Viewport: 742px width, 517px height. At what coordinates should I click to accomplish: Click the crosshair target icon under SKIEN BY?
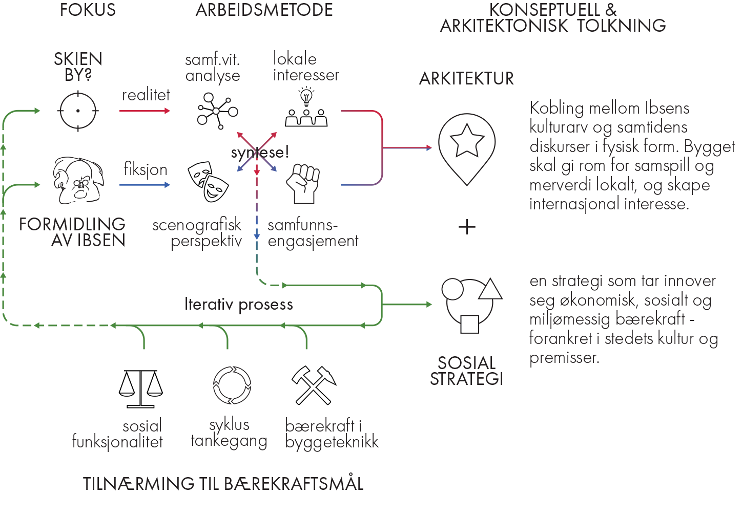[x=78, y=111]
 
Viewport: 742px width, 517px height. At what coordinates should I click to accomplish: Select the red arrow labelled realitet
[x=145, y=111]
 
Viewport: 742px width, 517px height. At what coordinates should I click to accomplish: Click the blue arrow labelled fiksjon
[x=145, y=184]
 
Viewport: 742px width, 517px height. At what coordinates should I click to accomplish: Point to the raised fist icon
[x=303, y=183]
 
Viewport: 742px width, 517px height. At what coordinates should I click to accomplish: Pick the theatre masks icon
[x=207, y=182]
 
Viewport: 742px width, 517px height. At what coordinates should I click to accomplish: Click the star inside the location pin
[x=467, y=140]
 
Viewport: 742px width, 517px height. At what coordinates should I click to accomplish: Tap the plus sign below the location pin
[x=467, y=227]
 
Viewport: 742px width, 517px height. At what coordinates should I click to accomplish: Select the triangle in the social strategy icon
[x=490, y=290]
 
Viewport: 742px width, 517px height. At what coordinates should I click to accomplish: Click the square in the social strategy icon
[x=469, y=324]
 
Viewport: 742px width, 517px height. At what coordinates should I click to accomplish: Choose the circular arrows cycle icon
[x=232, y=385]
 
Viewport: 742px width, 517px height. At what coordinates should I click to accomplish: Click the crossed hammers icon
[x=314, y=385]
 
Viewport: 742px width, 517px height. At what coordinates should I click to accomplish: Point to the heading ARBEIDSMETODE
[x=264, y=10]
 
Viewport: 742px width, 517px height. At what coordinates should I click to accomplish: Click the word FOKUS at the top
[x=88, y=10]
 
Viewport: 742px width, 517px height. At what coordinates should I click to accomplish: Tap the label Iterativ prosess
[x=239, y=305]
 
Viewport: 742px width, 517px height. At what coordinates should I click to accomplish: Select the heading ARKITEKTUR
[x=466, y=79]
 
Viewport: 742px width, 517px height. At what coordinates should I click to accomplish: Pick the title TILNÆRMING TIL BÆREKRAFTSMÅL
[x=223, y=484]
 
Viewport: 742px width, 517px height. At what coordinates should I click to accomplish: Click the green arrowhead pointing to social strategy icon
[x=429, y=305]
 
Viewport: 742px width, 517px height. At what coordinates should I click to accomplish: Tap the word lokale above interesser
[x=295, y=59]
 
